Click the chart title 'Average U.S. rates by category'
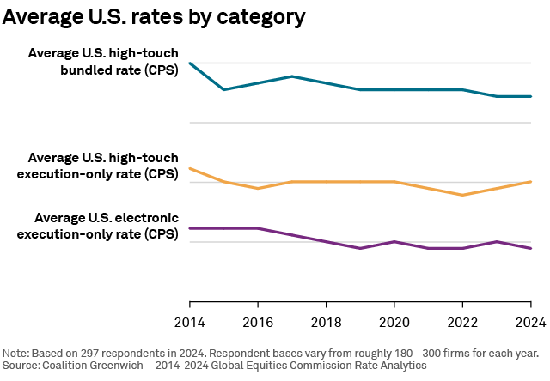[154, 17]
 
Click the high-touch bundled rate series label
[103, 62]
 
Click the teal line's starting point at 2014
[189, 63]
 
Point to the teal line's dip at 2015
[223, 89]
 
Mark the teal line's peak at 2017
[292, 76]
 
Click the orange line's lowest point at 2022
[462, 195]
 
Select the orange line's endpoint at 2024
[531, 182]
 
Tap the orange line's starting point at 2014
[189, 168]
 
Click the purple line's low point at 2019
[360, 248]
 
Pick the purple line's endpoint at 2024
[531, 248]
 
